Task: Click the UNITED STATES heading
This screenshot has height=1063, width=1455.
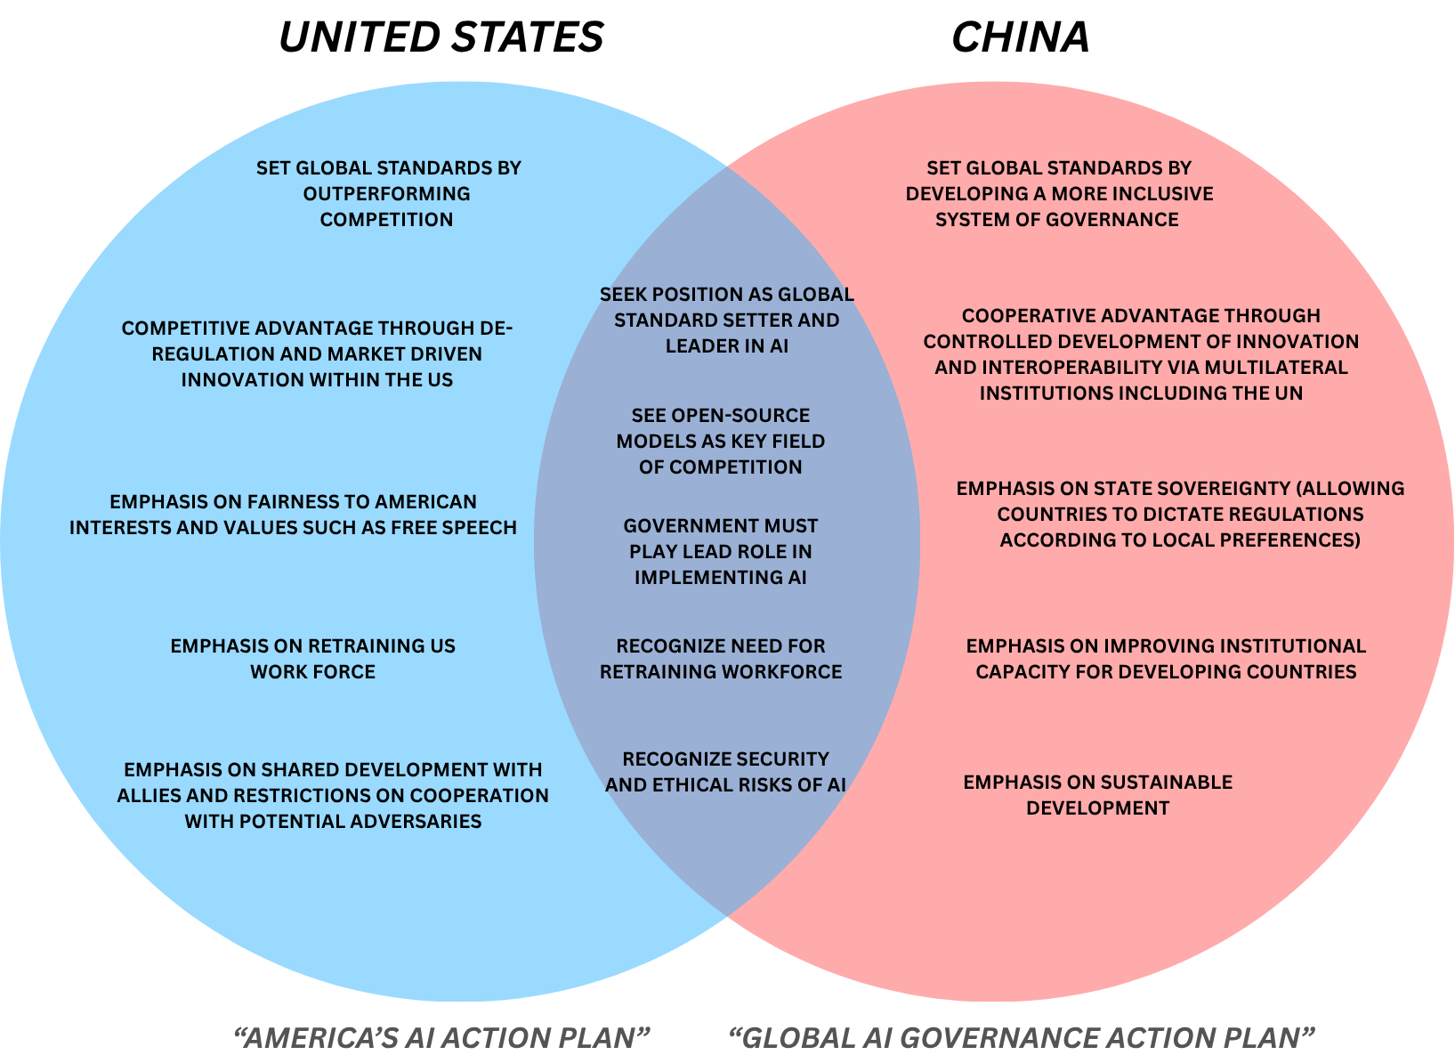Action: tap(441, 37)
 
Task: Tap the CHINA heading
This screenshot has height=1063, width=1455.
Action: tap(1021, 37)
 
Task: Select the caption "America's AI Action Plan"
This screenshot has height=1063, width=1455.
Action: tap(441, 1037)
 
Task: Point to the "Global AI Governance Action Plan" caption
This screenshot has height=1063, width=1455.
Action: tap(1022, 1037)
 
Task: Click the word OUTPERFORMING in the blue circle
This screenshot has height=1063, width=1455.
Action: tap(387, 194)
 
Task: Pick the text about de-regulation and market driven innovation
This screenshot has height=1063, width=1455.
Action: tap(318, 354)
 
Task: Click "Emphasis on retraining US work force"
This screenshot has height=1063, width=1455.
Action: tap(312, 659)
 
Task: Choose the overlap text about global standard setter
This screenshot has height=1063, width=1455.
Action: tap(726, 321)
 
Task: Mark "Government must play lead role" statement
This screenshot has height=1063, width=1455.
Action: tap(721, 552)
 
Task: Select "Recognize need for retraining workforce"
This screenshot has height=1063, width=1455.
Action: tap(721, 659)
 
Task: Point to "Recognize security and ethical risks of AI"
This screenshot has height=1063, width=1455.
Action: tap(725, 773)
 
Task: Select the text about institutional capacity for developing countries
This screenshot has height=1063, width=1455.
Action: tap(1166, 659)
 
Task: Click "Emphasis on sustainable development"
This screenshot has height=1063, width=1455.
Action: tap(1098, 795)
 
